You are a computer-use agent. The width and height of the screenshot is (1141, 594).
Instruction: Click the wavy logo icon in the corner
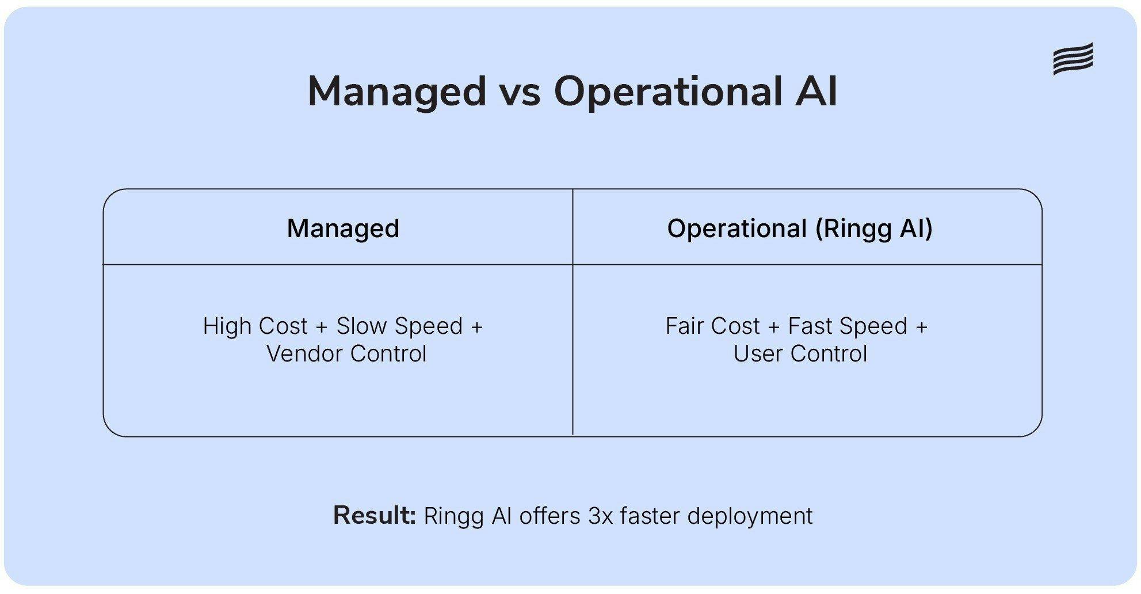(1073, 58)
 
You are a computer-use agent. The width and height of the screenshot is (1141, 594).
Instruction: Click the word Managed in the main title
(397, 92)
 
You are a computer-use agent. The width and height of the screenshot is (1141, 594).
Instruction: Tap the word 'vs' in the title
(520, 92)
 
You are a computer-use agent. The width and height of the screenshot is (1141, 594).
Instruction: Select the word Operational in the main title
(667, 92)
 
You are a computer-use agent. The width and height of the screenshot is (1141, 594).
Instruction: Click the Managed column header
(343, 229)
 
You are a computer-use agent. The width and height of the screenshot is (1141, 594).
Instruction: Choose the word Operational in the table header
(737, 229)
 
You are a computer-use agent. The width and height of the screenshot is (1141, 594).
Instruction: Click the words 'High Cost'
(255, 326)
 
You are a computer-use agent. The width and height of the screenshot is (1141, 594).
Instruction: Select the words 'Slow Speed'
(399, 326)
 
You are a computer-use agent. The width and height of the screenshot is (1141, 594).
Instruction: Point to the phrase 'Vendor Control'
(346, 354)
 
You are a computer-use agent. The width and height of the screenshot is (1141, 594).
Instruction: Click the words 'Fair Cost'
(712, 326)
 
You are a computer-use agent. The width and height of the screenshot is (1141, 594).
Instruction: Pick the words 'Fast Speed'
(848, 326)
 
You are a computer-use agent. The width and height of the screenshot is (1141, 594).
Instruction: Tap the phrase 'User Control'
(800, 354)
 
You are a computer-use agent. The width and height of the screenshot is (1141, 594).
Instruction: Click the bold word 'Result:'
(374, 516)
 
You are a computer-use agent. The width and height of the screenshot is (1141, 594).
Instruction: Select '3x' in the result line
(600, 516)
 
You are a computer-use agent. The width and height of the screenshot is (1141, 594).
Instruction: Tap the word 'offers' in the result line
(549, 516)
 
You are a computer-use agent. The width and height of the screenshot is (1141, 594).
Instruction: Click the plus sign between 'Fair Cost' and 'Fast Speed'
(774, 327)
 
